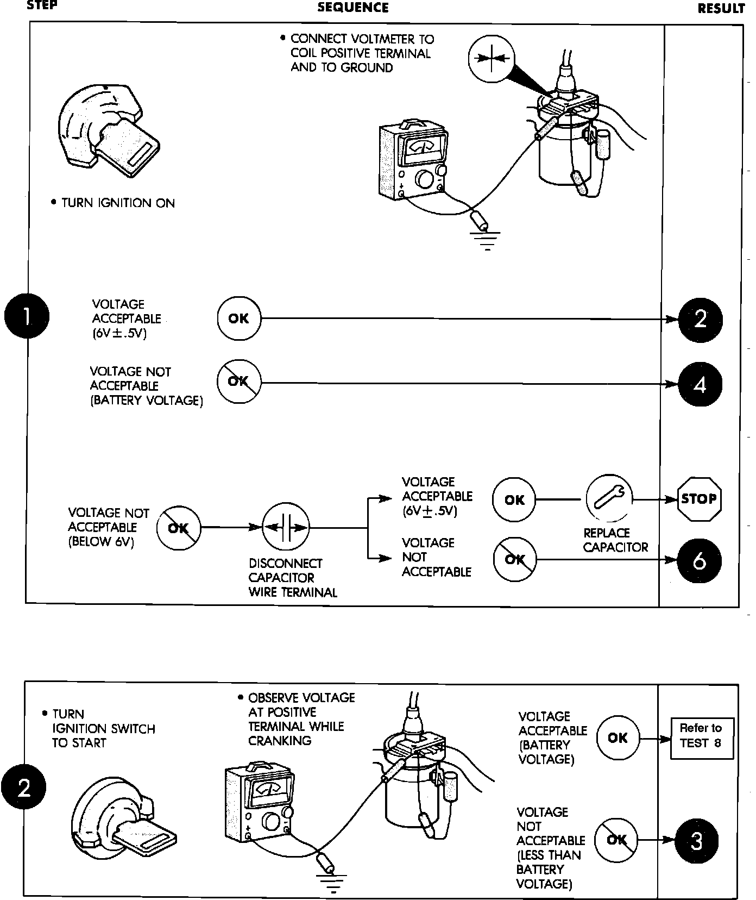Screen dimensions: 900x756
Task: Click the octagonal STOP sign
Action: (x=699, y=499)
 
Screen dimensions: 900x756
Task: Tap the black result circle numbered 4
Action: (x=700, y=384)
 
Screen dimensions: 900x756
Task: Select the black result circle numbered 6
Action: (x=700, y=560)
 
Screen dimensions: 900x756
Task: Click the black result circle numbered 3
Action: (x=697, y=841)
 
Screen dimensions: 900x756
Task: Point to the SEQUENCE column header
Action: (x=353, y=8)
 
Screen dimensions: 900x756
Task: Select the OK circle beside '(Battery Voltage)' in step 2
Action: (x=618, y=738)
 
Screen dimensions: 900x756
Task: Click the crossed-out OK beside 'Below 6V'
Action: (x=178, y=528)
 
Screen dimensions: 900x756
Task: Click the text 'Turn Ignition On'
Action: (x=118, y=203)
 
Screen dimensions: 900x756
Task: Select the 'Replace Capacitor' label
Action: (x=615, y=540)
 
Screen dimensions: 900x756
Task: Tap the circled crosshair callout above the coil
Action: (x=491, y=58)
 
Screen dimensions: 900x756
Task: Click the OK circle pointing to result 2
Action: (x=238, y=318)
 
